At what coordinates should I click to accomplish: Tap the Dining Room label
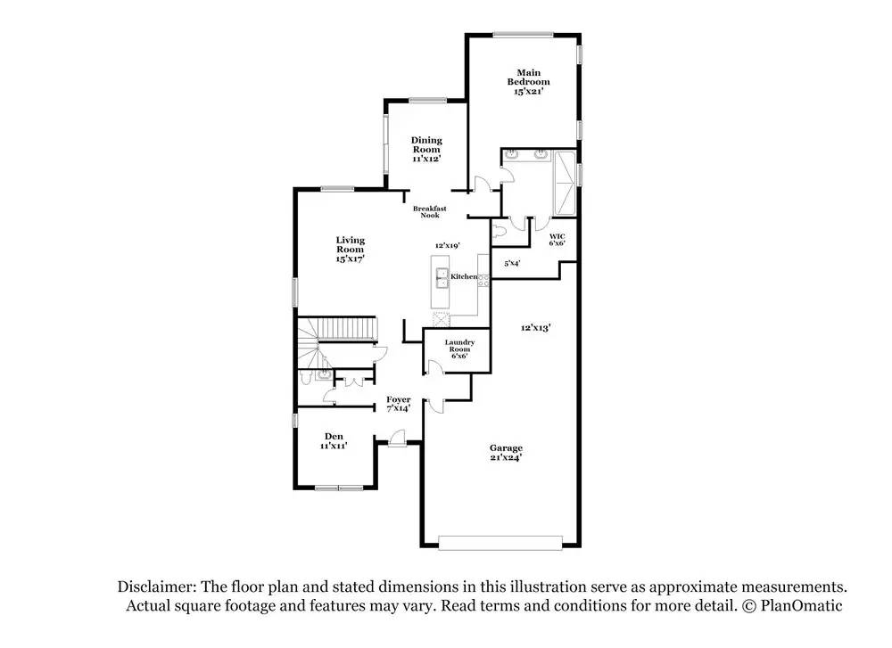coord(426,150)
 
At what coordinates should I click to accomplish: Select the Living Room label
coord(350,249)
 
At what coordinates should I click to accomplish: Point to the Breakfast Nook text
coord(430,212)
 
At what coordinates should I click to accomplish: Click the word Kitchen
coord(464,277)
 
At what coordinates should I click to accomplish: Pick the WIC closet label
coord(557,238)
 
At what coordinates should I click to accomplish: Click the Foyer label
coord(398,403)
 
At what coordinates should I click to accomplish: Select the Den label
coord(334,440)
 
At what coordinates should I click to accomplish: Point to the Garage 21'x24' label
coord(505,452)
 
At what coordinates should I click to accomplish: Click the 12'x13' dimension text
coord(536,328)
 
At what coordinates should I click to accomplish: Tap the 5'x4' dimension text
coord(512,263)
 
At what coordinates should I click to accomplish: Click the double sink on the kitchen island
coord(440,276)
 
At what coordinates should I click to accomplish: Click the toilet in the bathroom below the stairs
coord(306,378)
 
